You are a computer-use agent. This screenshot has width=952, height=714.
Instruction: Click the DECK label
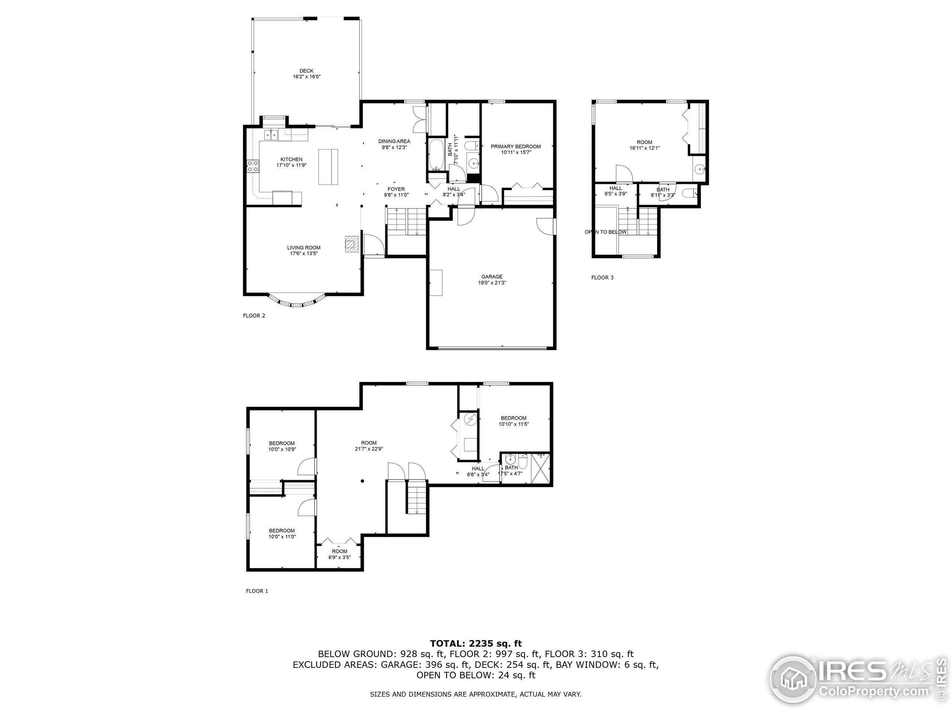point(306,74)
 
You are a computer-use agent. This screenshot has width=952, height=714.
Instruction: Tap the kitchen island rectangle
point(328,167)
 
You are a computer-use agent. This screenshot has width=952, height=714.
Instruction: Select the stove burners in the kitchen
point(253,166)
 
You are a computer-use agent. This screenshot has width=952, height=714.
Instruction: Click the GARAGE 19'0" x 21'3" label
point(492,280)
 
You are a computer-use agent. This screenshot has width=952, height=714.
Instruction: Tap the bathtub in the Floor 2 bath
point(437,155)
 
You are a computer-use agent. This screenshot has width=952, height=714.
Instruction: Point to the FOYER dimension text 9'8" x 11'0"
point(396,195)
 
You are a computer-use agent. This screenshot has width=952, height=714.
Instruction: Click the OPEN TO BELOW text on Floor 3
point(605,232)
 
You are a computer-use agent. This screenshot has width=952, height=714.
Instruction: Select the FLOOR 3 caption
point(602,277)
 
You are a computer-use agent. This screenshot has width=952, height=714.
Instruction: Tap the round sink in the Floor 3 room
point(699,170)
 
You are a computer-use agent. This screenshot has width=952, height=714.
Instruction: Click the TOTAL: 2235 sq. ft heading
point(476,643)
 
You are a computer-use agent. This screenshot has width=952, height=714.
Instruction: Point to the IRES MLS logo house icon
point(793,681)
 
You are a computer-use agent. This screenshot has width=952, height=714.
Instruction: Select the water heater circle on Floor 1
point(470,419)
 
